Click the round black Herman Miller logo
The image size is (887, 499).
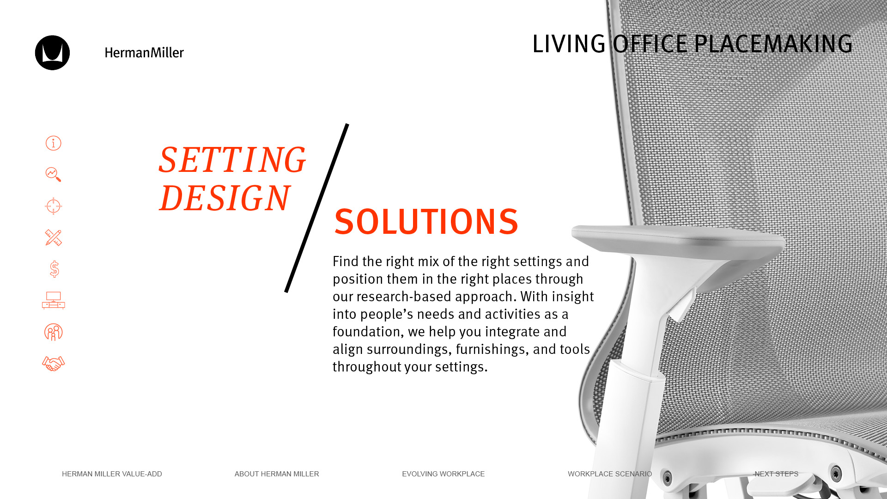point(52,53)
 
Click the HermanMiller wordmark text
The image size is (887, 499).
point(144,53)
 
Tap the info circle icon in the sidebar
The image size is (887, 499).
point(53,143)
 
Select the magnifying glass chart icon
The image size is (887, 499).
point(53,175)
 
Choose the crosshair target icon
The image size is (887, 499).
point(53,206)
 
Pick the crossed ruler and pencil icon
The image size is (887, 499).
point(53,237)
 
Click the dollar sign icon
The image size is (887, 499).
point(54,269)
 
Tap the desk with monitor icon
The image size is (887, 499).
point(53,300)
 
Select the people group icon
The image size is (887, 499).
point(53,332)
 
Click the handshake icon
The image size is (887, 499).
point(53,364)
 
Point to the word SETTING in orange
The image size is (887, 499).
point(232,160)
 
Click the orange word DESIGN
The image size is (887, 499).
point(225,198)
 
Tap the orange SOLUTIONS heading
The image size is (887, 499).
point(426,222)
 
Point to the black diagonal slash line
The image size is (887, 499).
point(316,208)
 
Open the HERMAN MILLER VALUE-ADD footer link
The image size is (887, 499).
point(112,474)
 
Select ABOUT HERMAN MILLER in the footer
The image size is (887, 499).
point(277,474)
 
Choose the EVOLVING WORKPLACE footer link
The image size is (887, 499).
point(443,474)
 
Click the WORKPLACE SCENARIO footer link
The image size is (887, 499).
point(610,474)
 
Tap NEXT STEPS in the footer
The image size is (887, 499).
point(776,474)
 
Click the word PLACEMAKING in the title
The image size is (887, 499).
point(773,44)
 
